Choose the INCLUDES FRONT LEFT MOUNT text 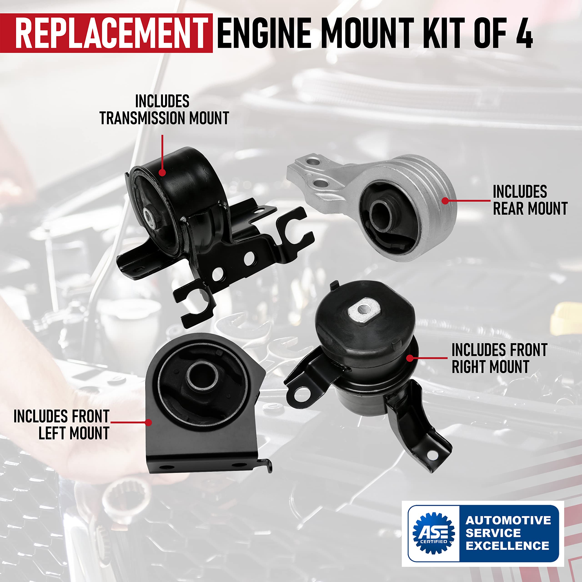(62, 425)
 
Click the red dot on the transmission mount (162, 172)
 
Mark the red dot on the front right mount (410, 358)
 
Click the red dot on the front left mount (148, 422)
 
